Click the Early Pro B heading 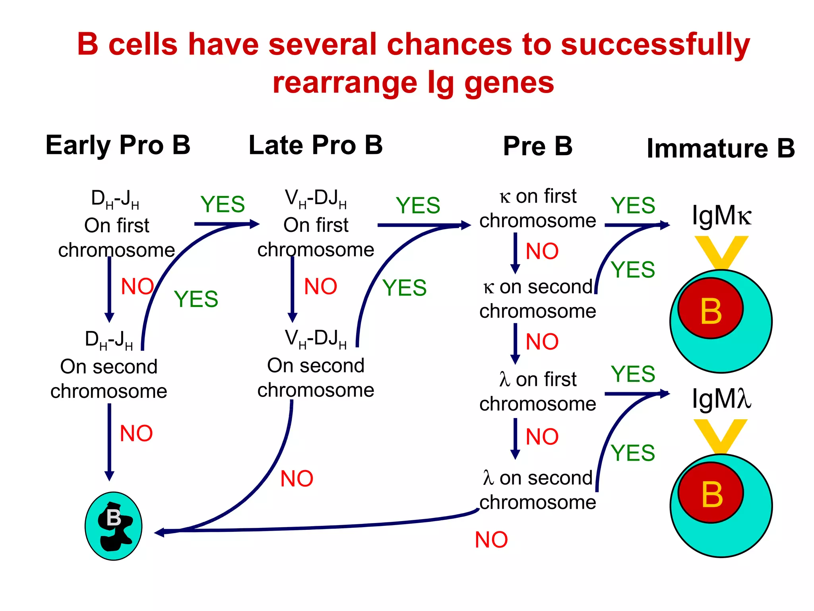coord(118,145)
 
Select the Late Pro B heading coord(315,145)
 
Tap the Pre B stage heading coord(537,146)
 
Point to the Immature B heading coord(720,148)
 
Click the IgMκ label coord(721,216)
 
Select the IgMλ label coord(721,399)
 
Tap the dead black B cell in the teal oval coord(114,526)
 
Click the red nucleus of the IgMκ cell coord(710,309)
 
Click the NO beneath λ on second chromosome coord(491,540)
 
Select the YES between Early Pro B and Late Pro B coord(223,204)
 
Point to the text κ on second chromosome coord(537,298)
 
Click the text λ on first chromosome coord(537,391)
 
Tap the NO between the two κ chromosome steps coord(542,251)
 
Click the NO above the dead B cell coord(136,433)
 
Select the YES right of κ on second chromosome coord(632,270)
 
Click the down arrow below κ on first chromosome coord(515,253)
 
